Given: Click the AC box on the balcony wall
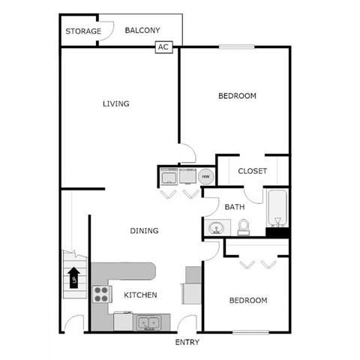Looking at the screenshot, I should coord(163,46).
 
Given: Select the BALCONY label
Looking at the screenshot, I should coord(142,31).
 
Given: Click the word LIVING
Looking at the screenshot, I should coord(116,103).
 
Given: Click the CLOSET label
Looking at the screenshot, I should coord(252,171).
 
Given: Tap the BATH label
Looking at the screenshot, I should coord(235,207).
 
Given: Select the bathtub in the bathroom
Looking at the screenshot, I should coord(277,209).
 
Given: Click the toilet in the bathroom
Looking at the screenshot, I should coord(243,226).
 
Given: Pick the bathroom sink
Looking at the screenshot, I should coord(217,227).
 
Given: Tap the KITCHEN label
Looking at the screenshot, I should coord(140,295).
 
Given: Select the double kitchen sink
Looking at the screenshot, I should coord(147,323).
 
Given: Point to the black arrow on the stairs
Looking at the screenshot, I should coord(74,278).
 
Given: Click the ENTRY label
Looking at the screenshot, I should coord(187,342).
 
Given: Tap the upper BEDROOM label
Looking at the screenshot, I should coord(237,96).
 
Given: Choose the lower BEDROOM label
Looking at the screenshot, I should coord(247,300).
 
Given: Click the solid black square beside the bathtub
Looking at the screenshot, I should coord(277,232).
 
